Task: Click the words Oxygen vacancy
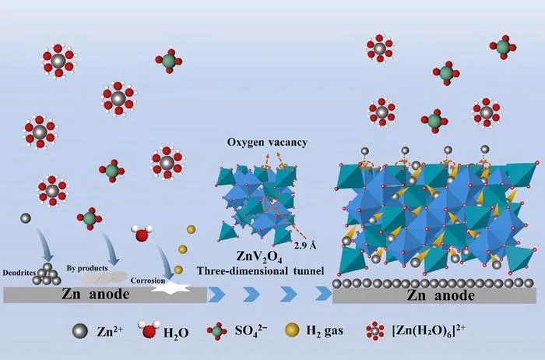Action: [x=267, y=143]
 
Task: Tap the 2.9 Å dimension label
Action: [x=305, y=245]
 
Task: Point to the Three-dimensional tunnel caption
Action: [x=260, y=270]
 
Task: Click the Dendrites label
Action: [x=19, y=273]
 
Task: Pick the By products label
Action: [x=87, y=268]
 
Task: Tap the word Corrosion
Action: [x=148, y=281]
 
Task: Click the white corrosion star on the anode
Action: [x=172, y=288]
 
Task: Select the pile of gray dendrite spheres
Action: [x=47, y=274]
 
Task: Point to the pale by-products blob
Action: [x=104, y=278]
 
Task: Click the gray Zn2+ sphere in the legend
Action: [x=79, y=331]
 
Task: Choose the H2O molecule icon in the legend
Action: [x=149, y=330]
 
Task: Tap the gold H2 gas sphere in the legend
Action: [x=292, y=330]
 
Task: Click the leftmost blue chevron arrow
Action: [x=216, y=295]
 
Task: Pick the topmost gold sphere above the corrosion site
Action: [x=191, y=229]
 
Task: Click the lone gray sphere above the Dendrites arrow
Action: [x=26, y=218]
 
